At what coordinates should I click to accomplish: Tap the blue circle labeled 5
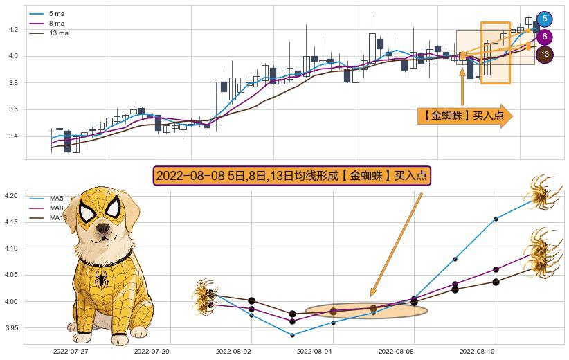click(545, 19)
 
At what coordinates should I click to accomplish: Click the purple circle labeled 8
click(545, 37)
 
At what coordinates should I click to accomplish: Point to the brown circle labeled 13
click(545, 54)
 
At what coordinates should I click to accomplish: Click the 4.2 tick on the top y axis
click(12, 30)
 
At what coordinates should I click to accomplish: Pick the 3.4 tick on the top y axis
click(12, 136)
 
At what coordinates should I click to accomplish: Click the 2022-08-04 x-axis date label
click(315, 352)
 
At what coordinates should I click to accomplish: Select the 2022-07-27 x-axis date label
click(70, 352)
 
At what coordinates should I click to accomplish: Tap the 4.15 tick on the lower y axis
click(12, 222)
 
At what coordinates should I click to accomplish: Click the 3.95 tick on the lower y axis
click(12, 327)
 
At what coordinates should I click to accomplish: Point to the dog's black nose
click(103, 228)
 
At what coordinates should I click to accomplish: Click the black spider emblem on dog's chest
click(102, 280)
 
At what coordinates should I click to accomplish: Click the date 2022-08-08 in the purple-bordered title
click(186, 176)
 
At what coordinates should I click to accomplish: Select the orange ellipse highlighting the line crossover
click(366, 311)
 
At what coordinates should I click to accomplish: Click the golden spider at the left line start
click(205, 295)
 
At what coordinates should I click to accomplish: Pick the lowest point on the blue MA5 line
click(292, 335)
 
